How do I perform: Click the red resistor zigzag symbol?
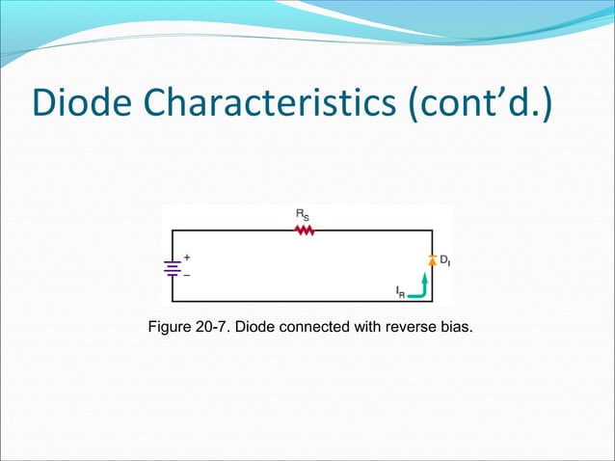click(306, 230)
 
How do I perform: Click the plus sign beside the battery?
click(187, 258)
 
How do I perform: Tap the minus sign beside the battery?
click(187, 275)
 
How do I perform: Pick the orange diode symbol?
click(432, 260)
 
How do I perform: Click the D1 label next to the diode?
click(445, 260)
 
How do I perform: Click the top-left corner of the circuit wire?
click(173, 231)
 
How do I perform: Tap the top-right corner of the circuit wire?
click(432, 231)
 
